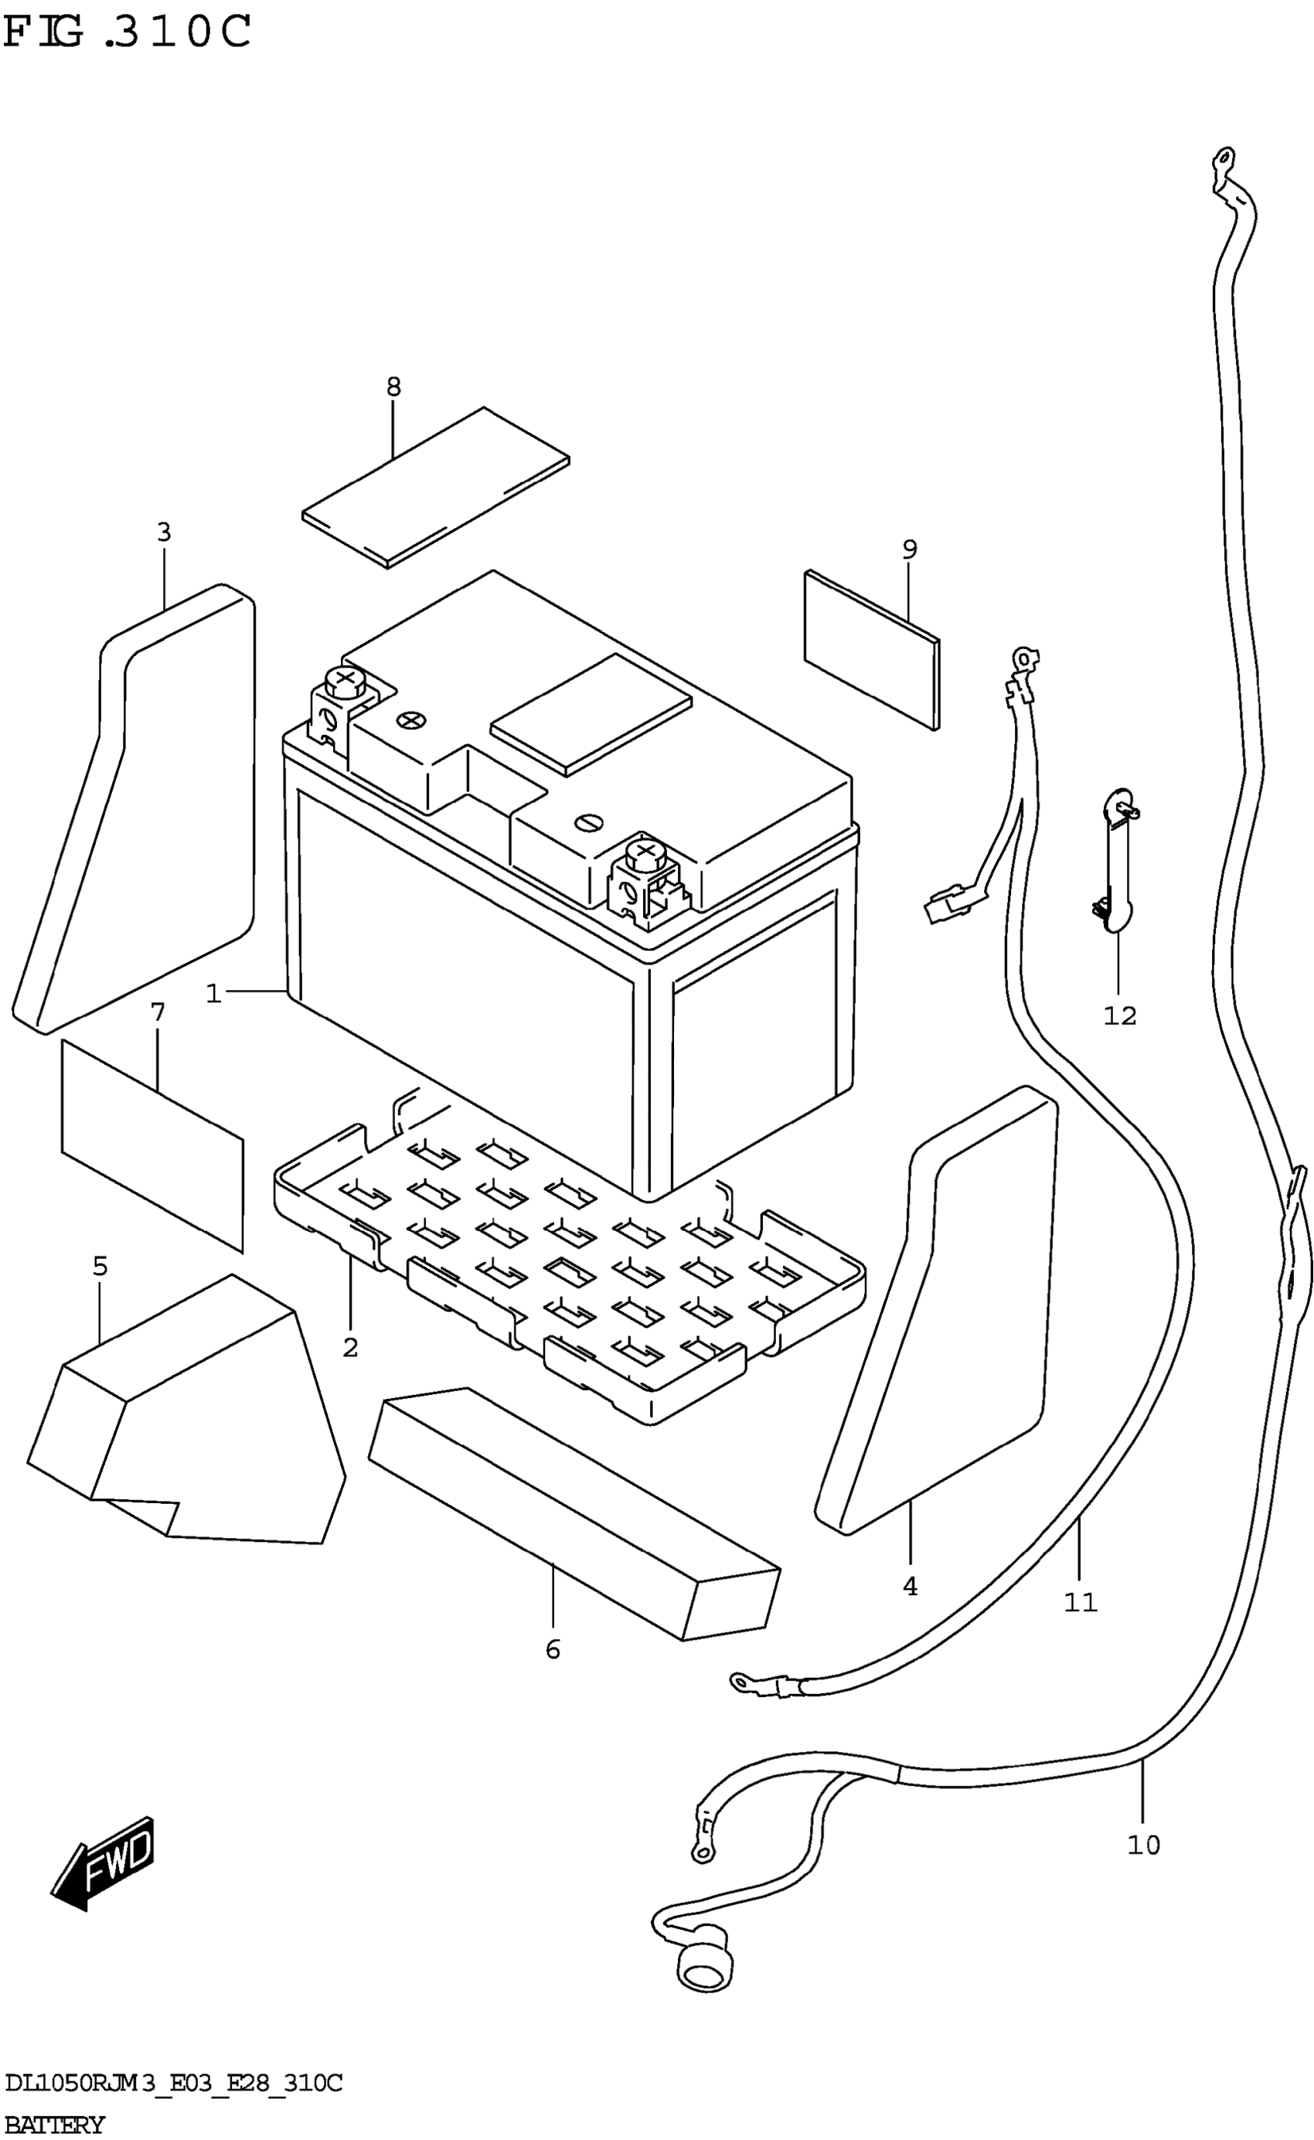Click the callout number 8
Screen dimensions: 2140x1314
393,386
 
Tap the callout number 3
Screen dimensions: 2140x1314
164,532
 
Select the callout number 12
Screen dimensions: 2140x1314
1119,1015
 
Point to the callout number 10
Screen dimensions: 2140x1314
1143,1845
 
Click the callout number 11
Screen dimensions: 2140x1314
1081,1601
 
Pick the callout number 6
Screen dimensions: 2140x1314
553,1649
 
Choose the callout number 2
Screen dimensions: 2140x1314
350,1348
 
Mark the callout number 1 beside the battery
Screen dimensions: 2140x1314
214,993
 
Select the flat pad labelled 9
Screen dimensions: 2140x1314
872,650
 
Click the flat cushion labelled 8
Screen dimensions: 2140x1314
436,487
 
